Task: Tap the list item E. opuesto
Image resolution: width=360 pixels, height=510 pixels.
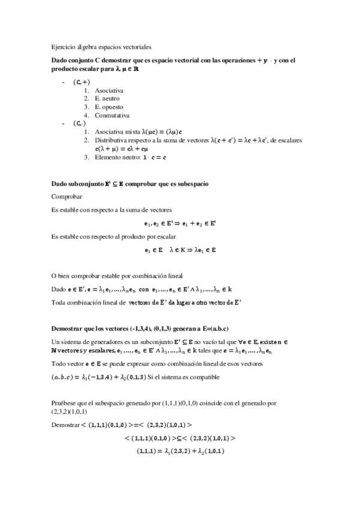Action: [109, 106]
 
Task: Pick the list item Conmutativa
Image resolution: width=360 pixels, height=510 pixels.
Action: [112, 115]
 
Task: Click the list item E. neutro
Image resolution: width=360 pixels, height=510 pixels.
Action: [108, 98]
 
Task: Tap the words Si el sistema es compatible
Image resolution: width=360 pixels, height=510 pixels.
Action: [189, 378]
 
